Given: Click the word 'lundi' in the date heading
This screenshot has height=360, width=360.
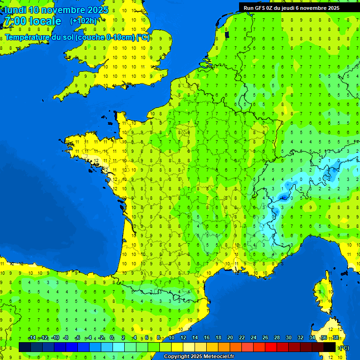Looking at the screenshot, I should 15,10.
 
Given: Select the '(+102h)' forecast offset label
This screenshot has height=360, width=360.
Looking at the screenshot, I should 83,21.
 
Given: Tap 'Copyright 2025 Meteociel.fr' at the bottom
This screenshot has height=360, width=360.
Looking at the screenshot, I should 199,357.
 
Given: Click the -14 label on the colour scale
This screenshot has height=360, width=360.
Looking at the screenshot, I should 32,337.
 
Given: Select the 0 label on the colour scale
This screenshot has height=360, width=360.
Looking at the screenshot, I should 112,337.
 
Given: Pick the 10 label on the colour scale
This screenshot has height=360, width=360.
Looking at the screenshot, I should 171,337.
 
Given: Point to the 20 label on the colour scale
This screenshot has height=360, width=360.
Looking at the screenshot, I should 230,337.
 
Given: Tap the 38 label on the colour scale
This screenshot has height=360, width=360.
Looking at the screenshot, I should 335,337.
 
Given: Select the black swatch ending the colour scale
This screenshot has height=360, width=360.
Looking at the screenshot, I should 330,347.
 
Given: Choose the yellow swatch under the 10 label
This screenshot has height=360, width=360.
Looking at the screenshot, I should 177,347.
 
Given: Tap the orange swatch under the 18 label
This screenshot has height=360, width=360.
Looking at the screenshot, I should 224,347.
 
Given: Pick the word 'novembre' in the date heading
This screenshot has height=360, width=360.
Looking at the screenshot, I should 63,10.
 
